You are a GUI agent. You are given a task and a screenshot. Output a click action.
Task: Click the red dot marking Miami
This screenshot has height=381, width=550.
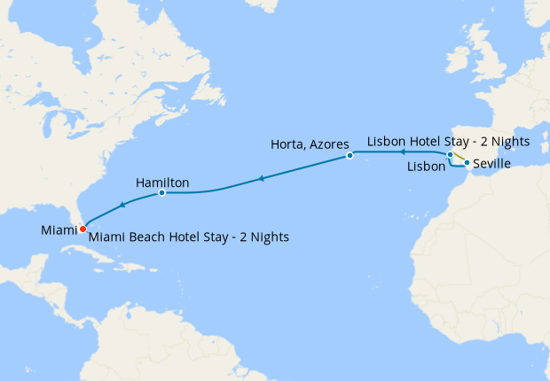(82, 229)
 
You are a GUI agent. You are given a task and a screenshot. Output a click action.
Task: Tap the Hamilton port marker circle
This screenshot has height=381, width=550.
(161, 192)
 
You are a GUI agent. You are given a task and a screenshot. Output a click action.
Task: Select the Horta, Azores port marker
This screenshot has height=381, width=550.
(350, 156)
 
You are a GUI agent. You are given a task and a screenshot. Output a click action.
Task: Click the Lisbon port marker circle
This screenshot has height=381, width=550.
(450, 156)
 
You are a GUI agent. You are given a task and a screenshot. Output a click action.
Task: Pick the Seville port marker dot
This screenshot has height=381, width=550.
(467, 163)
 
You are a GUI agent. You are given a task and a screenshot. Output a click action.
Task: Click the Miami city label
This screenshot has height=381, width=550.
(59, 230)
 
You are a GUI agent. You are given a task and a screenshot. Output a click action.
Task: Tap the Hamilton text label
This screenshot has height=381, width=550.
(162, 183)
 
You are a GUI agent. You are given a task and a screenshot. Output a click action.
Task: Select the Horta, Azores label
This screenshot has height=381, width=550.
(310, 144)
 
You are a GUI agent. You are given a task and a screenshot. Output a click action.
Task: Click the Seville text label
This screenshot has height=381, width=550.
(492, 164)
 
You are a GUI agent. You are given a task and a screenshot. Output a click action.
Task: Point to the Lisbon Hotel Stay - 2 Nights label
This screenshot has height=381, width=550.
(448, 142)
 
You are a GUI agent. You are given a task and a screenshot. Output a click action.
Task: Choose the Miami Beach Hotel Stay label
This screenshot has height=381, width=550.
(189, 237)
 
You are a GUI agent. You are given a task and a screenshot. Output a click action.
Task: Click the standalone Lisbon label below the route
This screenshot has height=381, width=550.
(427, 167)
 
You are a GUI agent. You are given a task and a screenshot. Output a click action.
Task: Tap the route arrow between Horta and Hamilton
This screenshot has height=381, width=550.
(261, 179)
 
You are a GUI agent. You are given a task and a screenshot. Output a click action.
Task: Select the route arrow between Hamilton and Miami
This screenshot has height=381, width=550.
(122, 205)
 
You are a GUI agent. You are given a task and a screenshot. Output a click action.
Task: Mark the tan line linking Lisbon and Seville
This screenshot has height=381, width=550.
(459, 159)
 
